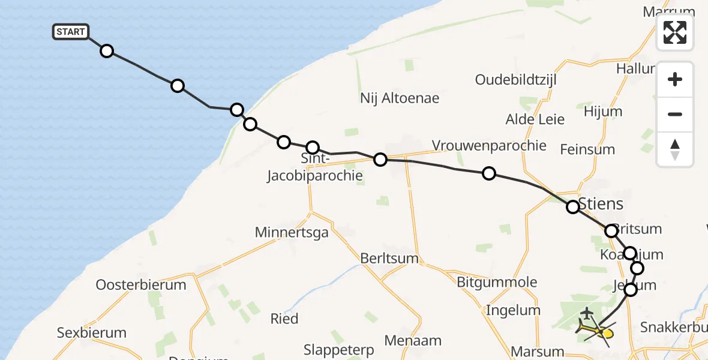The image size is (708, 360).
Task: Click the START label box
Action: pos(71,32)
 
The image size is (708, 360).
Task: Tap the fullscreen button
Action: pos(675,32)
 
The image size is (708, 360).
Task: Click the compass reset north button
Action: pos(675,149)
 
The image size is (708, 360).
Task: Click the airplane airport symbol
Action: pos(586,314)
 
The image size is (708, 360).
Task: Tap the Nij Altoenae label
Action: pos(400,98)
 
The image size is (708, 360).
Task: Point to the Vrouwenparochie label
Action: pos(489,145)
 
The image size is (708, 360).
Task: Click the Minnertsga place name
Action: pos(292,232)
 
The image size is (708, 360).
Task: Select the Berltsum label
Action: pos(389,258)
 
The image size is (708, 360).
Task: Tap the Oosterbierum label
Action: pos(141,284)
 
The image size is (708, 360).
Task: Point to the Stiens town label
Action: pos(600,203)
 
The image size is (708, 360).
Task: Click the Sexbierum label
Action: pos(92,332)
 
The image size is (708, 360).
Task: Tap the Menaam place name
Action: pos(413,341)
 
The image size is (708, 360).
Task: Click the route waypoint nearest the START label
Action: pos(107,51)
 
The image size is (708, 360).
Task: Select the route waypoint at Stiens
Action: pos(573,207)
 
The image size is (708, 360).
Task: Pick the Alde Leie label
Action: pos(535,119)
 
